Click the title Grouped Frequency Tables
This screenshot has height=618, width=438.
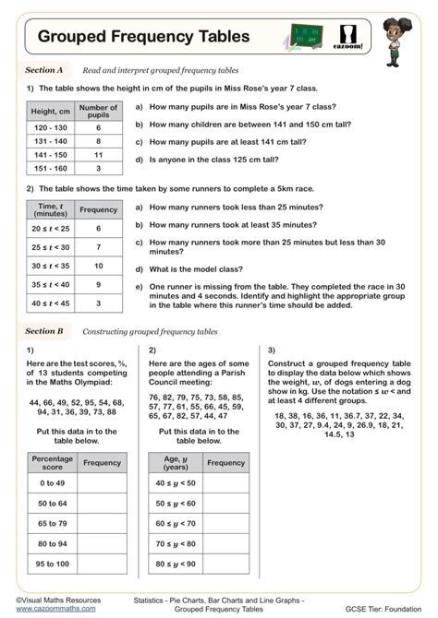[x=143, y=37]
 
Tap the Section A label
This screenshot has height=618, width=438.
[x=43, y=70]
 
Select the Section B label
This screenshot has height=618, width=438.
[x=44, y=330]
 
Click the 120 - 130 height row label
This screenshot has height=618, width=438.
[x=51, y=128]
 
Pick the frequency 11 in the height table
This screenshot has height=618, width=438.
[x=98, y=155]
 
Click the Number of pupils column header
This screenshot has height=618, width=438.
[x=98, y=112]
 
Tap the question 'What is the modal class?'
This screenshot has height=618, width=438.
[x=203, y=268]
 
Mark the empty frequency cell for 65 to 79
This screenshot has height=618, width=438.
[x=102, y=523]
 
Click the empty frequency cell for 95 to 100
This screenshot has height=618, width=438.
[x=102, y=564]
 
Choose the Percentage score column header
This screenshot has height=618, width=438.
[x=52, y=462]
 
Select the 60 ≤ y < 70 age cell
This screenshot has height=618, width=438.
[x=175, y=523]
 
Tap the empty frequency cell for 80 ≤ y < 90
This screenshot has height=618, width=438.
[x=225, y=564]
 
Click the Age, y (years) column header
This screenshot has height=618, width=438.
[x=175, y=462]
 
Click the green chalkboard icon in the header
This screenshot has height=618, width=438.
[x=307, y=37]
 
